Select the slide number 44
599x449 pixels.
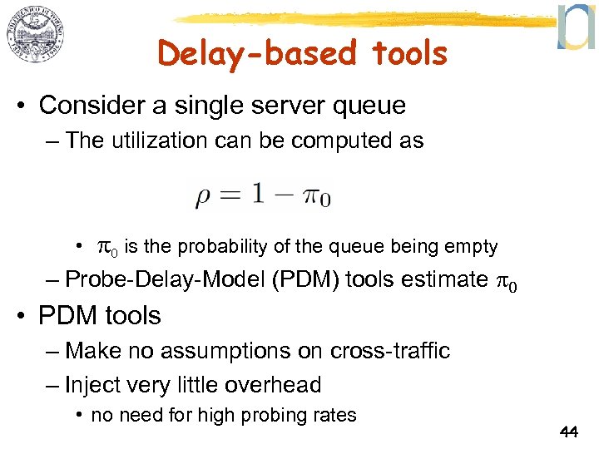[x=569, y=432]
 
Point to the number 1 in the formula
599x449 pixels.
[x=260, y=194]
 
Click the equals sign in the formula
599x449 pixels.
[x=231, y=195]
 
